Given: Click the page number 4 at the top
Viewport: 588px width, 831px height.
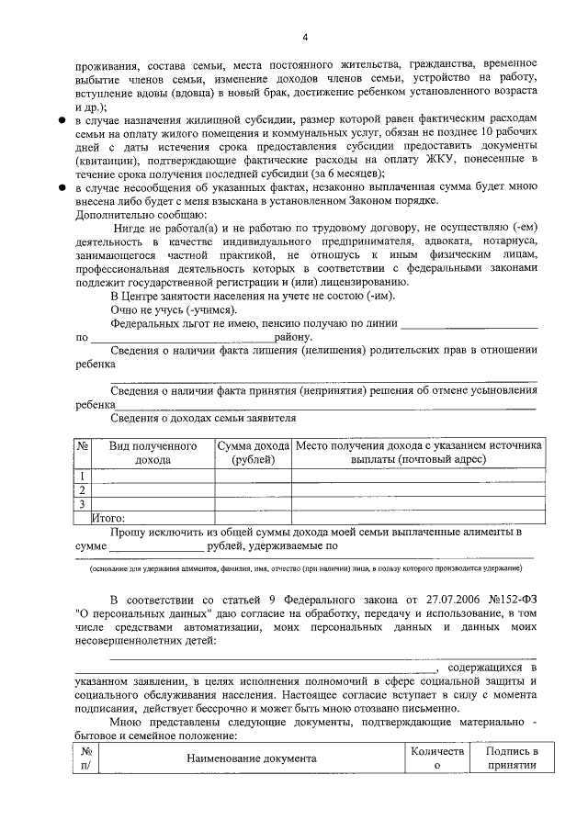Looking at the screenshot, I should [304, 35].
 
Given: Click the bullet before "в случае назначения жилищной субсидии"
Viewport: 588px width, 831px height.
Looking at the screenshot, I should [61, 120].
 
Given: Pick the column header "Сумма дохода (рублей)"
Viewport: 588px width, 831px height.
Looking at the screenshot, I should [253, 452].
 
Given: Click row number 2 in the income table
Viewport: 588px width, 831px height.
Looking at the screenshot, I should [83, 489].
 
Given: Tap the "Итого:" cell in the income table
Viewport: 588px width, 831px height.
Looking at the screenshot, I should [108, 517].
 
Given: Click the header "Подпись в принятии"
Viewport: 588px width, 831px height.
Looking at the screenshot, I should [512, 758].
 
